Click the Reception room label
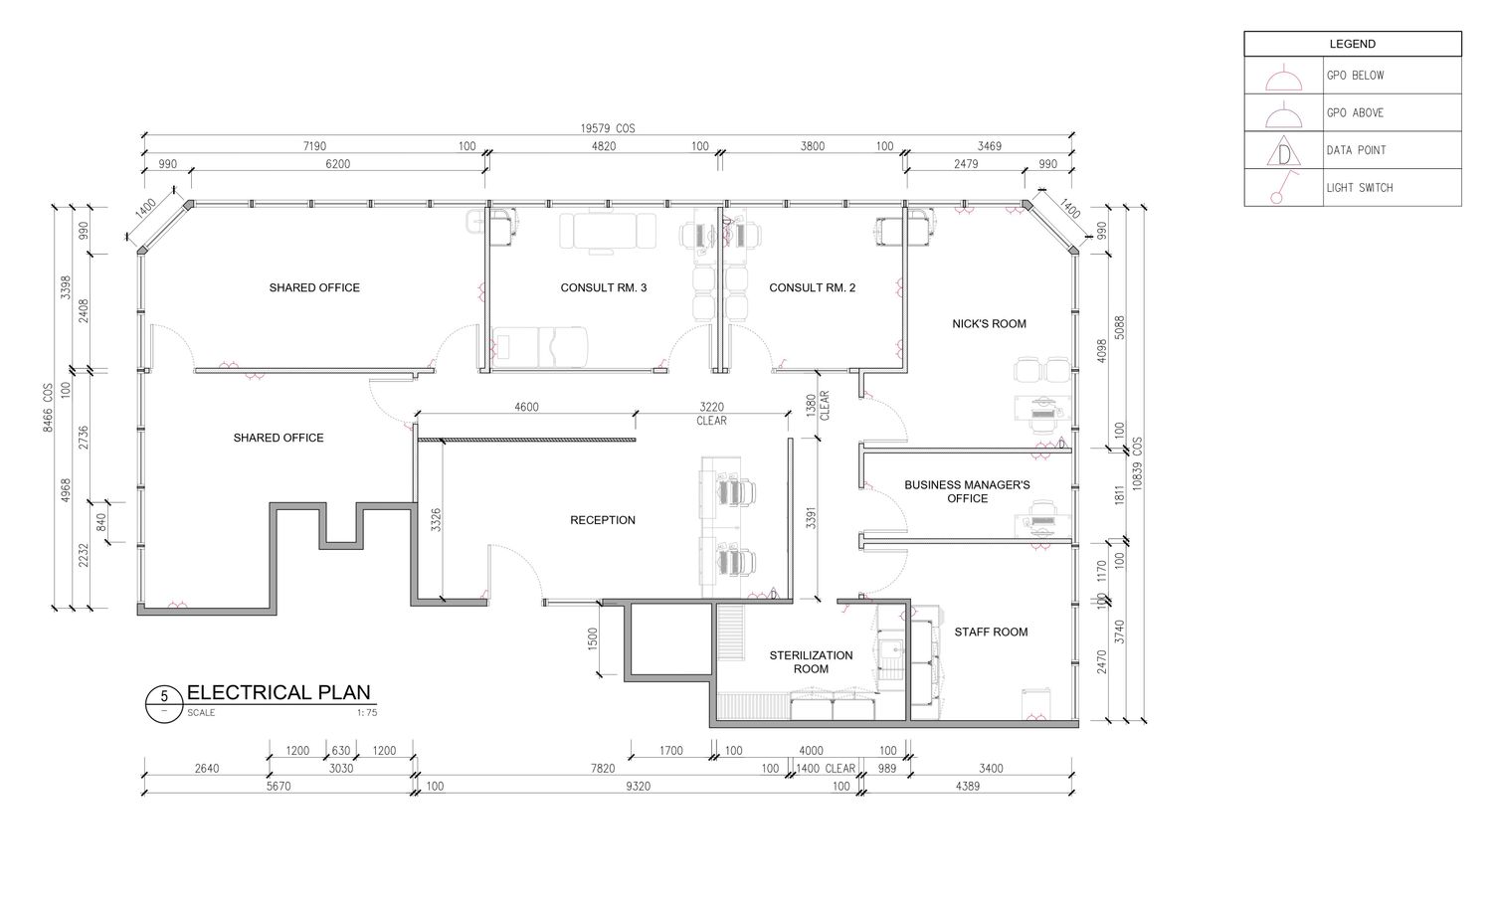[602, 520]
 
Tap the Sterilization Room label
[811, 662]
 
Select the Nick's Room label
[989, 323]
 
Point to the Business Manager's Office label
[967, 491]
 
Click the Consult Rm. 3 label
[604, 287]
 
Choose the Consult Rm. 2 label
[812, 287]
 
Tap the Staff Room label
[991, 632]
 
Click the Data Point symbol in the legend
[1283, 151]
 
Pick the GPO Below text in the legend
[1355, 76]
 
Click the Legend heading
[1352, 44]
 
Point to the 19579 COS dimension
[608, 128]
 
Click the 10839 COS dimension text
[1136, 463]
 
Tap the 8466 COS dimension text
[48, 408]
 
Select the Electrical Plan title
[279, 692]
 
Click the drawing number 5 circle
[164, 704]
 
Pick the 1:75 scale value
[367, 712]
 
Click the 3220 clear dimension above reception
[711, 414]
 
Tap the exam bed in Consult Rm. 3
[539, 346]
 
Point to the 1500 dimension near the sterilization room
[593, 639]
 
